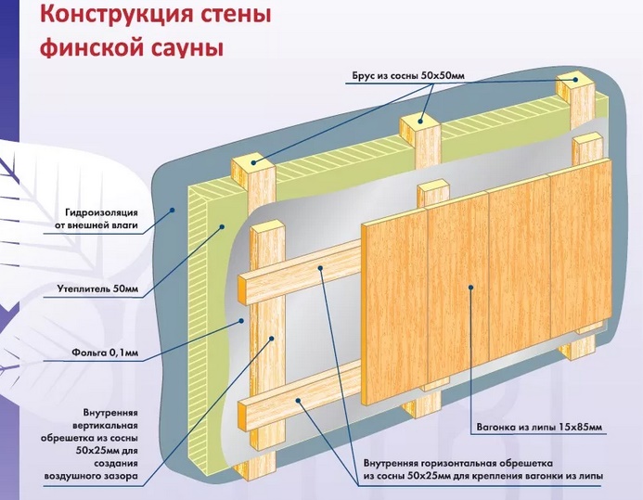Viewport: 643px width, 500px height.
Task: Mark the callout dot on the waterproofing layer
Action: click(174, 212)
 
